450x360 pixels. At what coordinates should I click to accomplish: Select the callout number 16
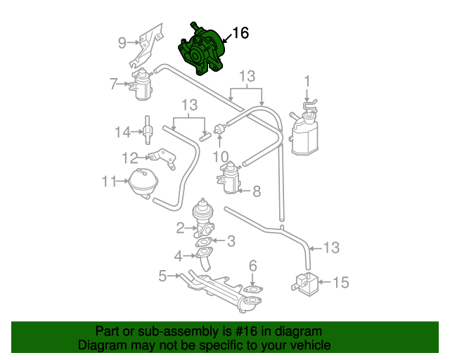pos(240,33)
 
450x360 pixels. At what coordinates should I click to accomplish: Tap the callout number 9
pos(122,43)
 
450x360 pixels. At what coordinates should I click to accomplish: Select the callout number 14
pos(123,131)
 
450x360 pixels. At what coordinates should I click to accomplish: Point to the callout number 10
pos(221,156)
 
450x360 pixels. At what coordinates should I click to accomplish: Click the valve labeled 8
pos(229,178)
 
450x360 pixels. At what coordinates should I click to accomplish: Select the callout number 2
pos(181,227)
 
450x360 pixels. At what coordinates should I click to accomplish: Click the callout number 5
pos(162,276)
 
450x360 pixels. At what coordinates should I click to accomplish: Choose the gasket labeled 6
pos(252,288)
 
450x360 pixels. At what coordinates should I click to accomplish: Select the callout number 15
pos(340,283)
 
